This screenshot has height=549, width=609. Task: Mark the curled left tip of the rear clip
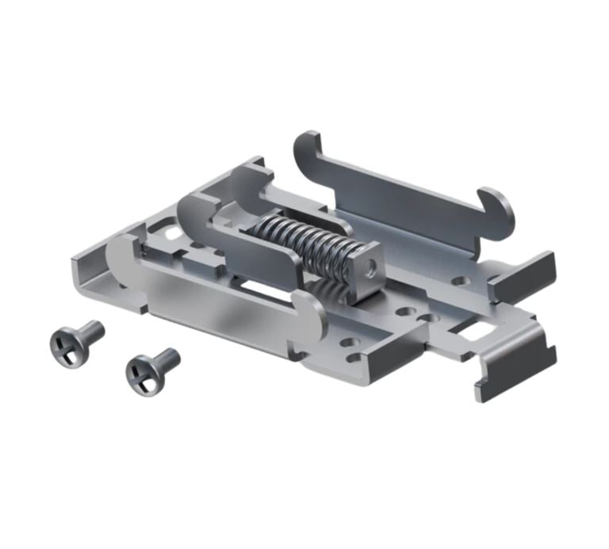308,148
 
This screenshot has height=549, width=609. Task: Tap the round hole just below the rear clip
458,280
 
